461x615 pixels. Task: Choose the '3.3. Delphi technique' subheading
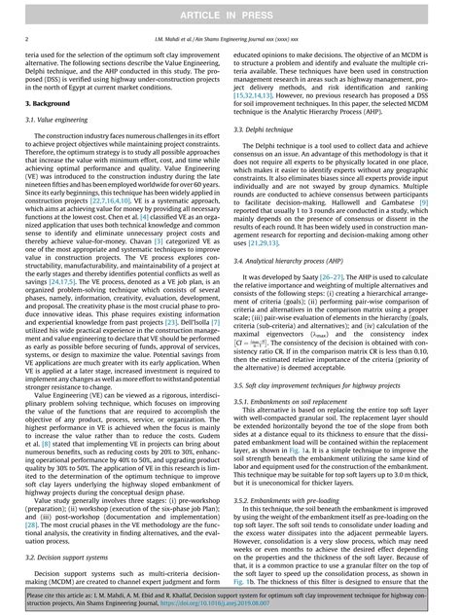point(271,126)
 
